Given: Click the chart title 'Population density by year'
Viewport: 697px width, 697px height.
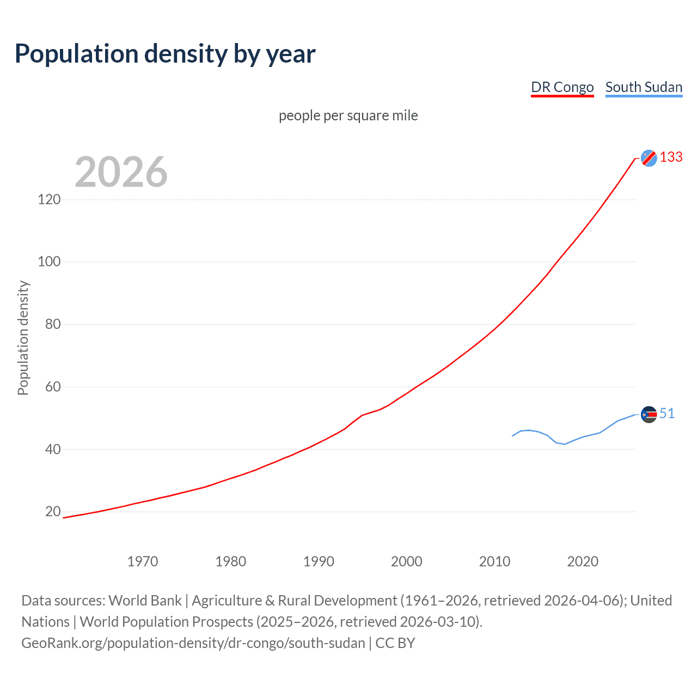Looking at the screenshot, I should click(x=165, y=54).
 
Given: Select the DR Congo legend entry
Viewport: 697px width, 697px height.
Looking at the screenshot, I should click(x=562, y=87).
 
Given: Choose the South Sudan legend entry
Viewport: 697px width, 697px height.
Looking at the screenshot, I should click(x=644, y=87).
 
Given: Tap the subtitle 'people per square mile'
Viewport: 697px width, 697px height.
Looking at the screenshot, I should click(x=348, y=115).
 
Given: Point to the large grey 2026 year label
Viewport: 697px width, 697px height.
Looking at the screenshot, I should click(x=121, y=172).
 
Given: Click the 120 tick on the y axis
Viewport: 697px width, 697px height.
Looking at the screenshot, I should click(x=49, y=199).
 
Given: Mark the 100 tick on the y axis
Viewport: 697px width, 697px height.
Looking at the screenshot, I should click(x=49, y=262).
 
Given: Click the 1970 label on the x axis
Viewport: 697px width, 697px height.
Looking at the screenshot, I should click(x=142, y=561).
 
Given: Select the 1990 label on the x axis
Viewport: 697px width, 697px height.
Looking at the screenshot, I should click(x=319, y=561).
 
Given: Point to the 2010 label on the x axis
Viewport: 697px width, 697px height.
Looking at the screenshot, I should click(x=494, y=561).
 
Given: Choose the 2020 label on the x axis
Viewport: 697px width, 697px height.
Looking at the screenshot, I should click(x=583, y=561).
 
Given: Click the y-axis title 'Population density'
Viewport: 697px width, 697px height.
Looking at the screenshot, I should click(x=23, y=338).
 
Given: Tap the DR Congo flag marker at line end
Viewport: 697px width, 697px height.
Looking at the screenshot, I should click(x=649, y=158).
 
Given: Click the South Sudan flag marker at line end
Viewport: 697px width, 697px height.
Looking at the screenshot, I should click(x=649, y=414).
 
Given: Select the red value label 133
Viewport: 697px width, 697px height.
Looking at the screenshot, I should click(x=671, y=157).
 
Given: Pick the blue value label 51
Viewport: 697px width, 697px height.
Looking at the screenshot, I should click(x=667, y=414).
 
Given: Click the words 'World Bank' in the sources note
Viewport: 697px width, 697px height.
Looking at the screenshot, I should click(x=145, y=601).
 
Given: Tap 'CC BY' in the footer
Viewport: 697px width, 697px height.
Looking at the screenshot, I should click(x=395, y=643).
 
